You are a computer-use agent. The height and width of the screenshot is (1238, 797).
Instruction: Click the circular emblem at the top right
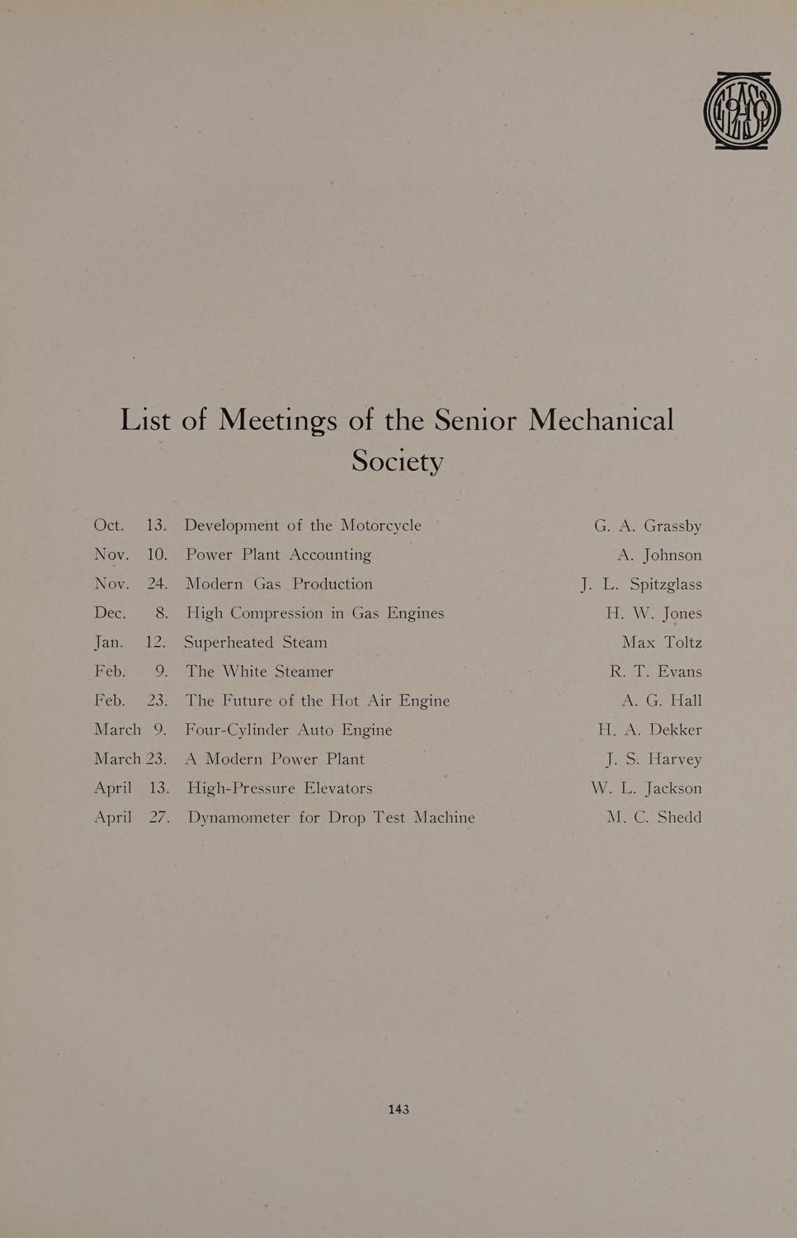pyautogui.click(x=742, y=111)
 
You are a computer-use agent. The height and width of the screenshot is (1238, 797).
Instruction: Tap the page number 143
pyautogui.click(x=398, y=1109)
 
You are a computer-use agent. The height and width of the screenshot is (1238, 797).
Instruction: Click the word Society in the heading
pyautogui.click(x=398, y=461)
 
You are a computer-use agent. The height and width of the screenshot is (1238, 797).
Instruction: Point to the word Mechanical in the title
pyautogui.click(x=601, y=420)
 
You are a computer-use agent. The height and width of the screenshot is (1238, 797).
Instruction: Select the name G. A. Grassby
pyautogui.click(x=648, y=526)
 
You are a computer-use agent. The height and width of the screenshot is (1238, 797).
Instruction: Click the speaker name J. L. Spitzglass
pyautogui.click(x=641, y=584)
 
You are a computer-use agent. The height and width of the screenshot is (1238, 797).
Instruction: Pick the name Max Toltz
pyautogui.click(x=662, y=642)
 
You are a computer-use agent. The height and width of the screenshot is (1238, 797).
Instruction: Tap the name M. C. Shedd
pyautogui.click(x=654, y=817)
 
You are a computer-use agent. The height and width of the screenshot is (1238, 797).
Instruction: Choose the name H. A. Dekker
pyautogui.click(x=650, y=730)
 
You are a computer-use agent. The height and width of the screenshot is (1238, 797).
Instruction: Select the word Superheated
pyautogui.click(x=229, y=642)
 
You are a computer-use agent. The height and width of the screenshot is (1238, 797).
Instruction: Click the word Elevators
pyautogui.click(x=338, y=788)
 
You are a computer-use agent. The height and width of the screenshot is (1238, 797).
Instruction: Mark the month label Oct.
pyautogui.click(x=109, y=526)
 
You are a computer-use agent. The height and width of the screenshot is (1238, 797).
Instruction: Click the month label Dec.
pyautogui.click(x=110, y=613)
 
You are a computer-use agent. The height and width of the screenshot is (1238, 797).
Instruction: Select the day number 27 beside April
pyautogui.click(x=158, y=817)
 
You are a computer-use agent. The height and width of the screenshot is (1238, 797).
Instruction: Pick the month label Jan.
pyautogui.click(x=109, y=642)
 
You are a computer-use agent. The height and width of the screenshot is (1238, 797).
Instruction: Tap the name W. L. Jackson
pyautogui.click(x=646, y=788)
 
